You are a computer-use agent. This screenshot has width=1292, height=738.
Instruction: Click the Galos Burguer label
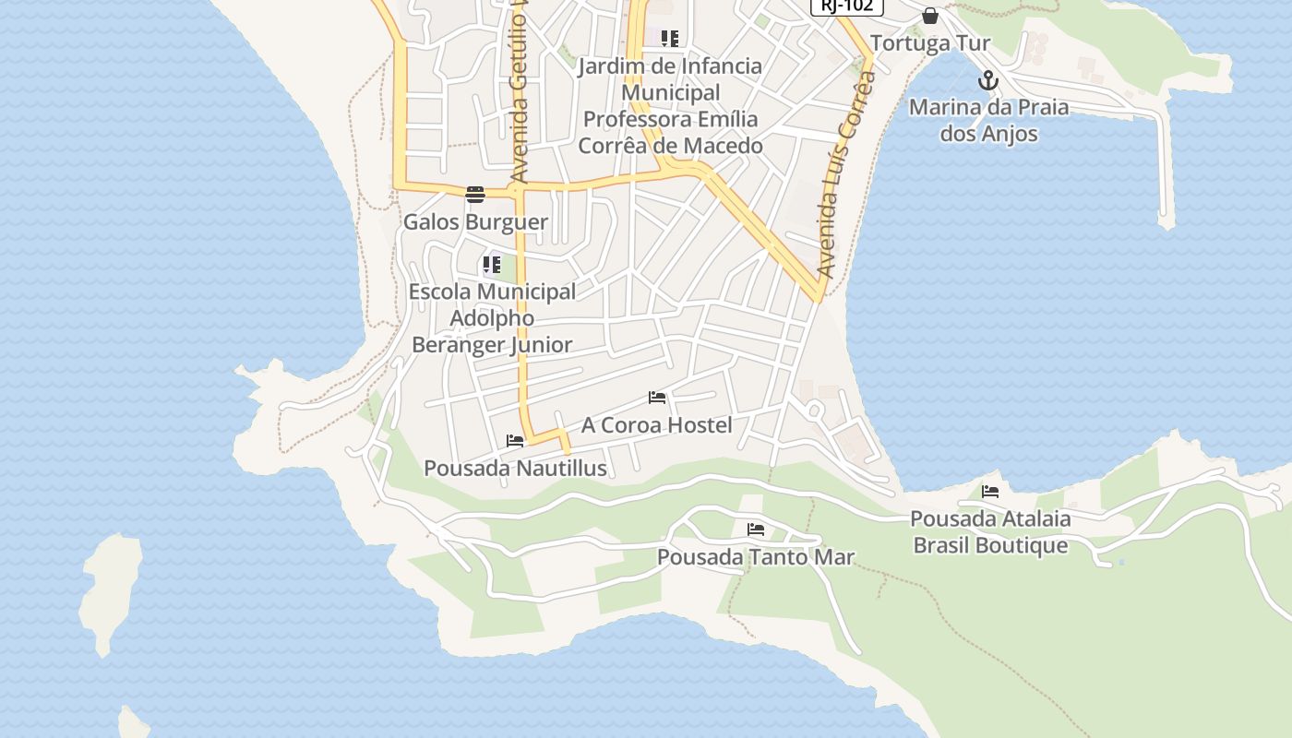tap(475, 222)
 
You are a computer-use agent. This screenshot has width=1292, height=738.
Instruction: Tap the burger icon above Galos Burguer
tap(475, 195)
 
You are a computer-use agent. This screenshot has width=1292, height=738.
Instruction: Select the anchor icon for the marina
tap(988, 80)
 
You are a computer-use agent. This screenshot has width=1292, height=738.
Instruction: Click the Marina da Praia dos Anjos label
tap(988, 120)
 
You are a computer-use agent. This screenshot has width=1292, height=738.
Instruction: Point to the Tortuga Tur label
tap(929, 43)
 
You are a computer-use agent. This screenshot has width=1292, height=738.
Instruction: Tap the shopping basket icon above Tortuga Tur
tap(930, 16)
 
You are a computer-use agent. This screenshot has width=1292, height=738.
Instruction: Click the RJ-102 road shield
tap(846, 6)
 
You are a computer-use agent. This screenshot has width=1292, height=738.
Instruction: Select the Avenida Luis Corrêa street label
tap(846, 175)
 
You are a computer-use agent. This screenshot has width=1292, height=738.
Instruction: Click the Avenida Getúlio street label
tap(520, 92)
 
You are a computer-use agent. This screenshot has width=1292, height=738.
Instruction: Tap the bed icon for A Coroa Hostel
tap(657, 398)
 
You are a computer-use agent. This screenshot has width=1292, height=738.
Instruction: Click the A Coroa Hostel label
tap(656, 425)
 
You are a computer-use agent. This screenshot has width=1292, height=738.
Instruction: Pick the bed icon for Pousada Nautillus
tap(515, 441)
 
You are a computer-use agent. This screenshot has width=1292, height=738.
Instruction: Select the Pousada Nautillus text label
tap(515, 469)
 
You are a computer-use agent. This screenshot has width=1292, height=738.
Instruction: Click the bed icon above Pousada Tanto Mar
tap(756, 530)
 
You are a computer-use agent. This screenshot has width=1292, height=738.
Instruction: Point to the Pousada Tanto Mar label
tap(756, 557)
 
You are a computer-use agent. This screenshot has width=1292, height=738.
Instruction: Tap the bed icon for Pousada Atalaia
tap(990, 491)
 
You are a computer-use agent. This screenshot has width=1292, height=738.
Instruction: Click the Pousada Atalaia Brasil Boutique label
tap(990, 531)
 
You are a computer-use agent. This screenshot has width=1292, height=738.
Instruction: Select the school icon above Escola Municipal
tap(492, 266)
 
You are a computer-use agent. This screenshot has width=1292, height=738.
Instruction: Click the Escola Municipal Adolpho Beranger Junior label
tap(492, 318)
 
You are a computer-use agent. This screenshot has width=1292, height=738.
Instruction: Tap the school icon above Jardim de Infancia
tap(670, 39)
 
